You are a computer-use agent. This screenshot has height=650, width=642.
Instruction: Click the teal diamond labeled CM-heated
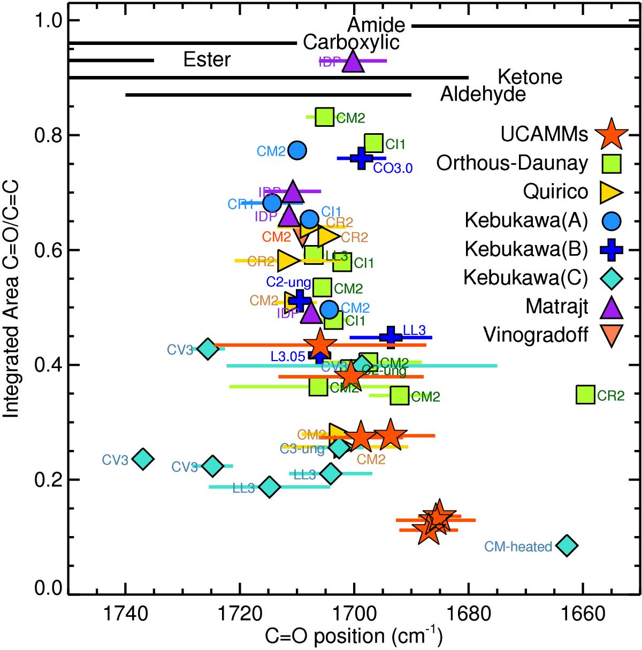click(x=567, y=546)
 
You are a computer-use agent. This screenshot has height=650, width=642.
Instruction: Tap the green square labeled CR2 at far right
click(x=586, y=395)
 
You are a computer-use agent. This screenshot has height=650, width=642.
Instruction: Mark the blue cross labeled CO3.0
click(x=362, y=158)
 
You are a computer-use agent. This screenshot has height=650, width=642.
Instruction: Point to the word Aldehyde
click(x=483, y=95)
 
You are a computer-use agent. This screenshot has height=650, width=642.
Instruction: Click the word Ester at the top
click(x=207, y=59)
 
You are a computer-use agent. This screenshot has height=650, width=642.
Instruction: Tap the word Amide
click(x=376, y=25)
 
